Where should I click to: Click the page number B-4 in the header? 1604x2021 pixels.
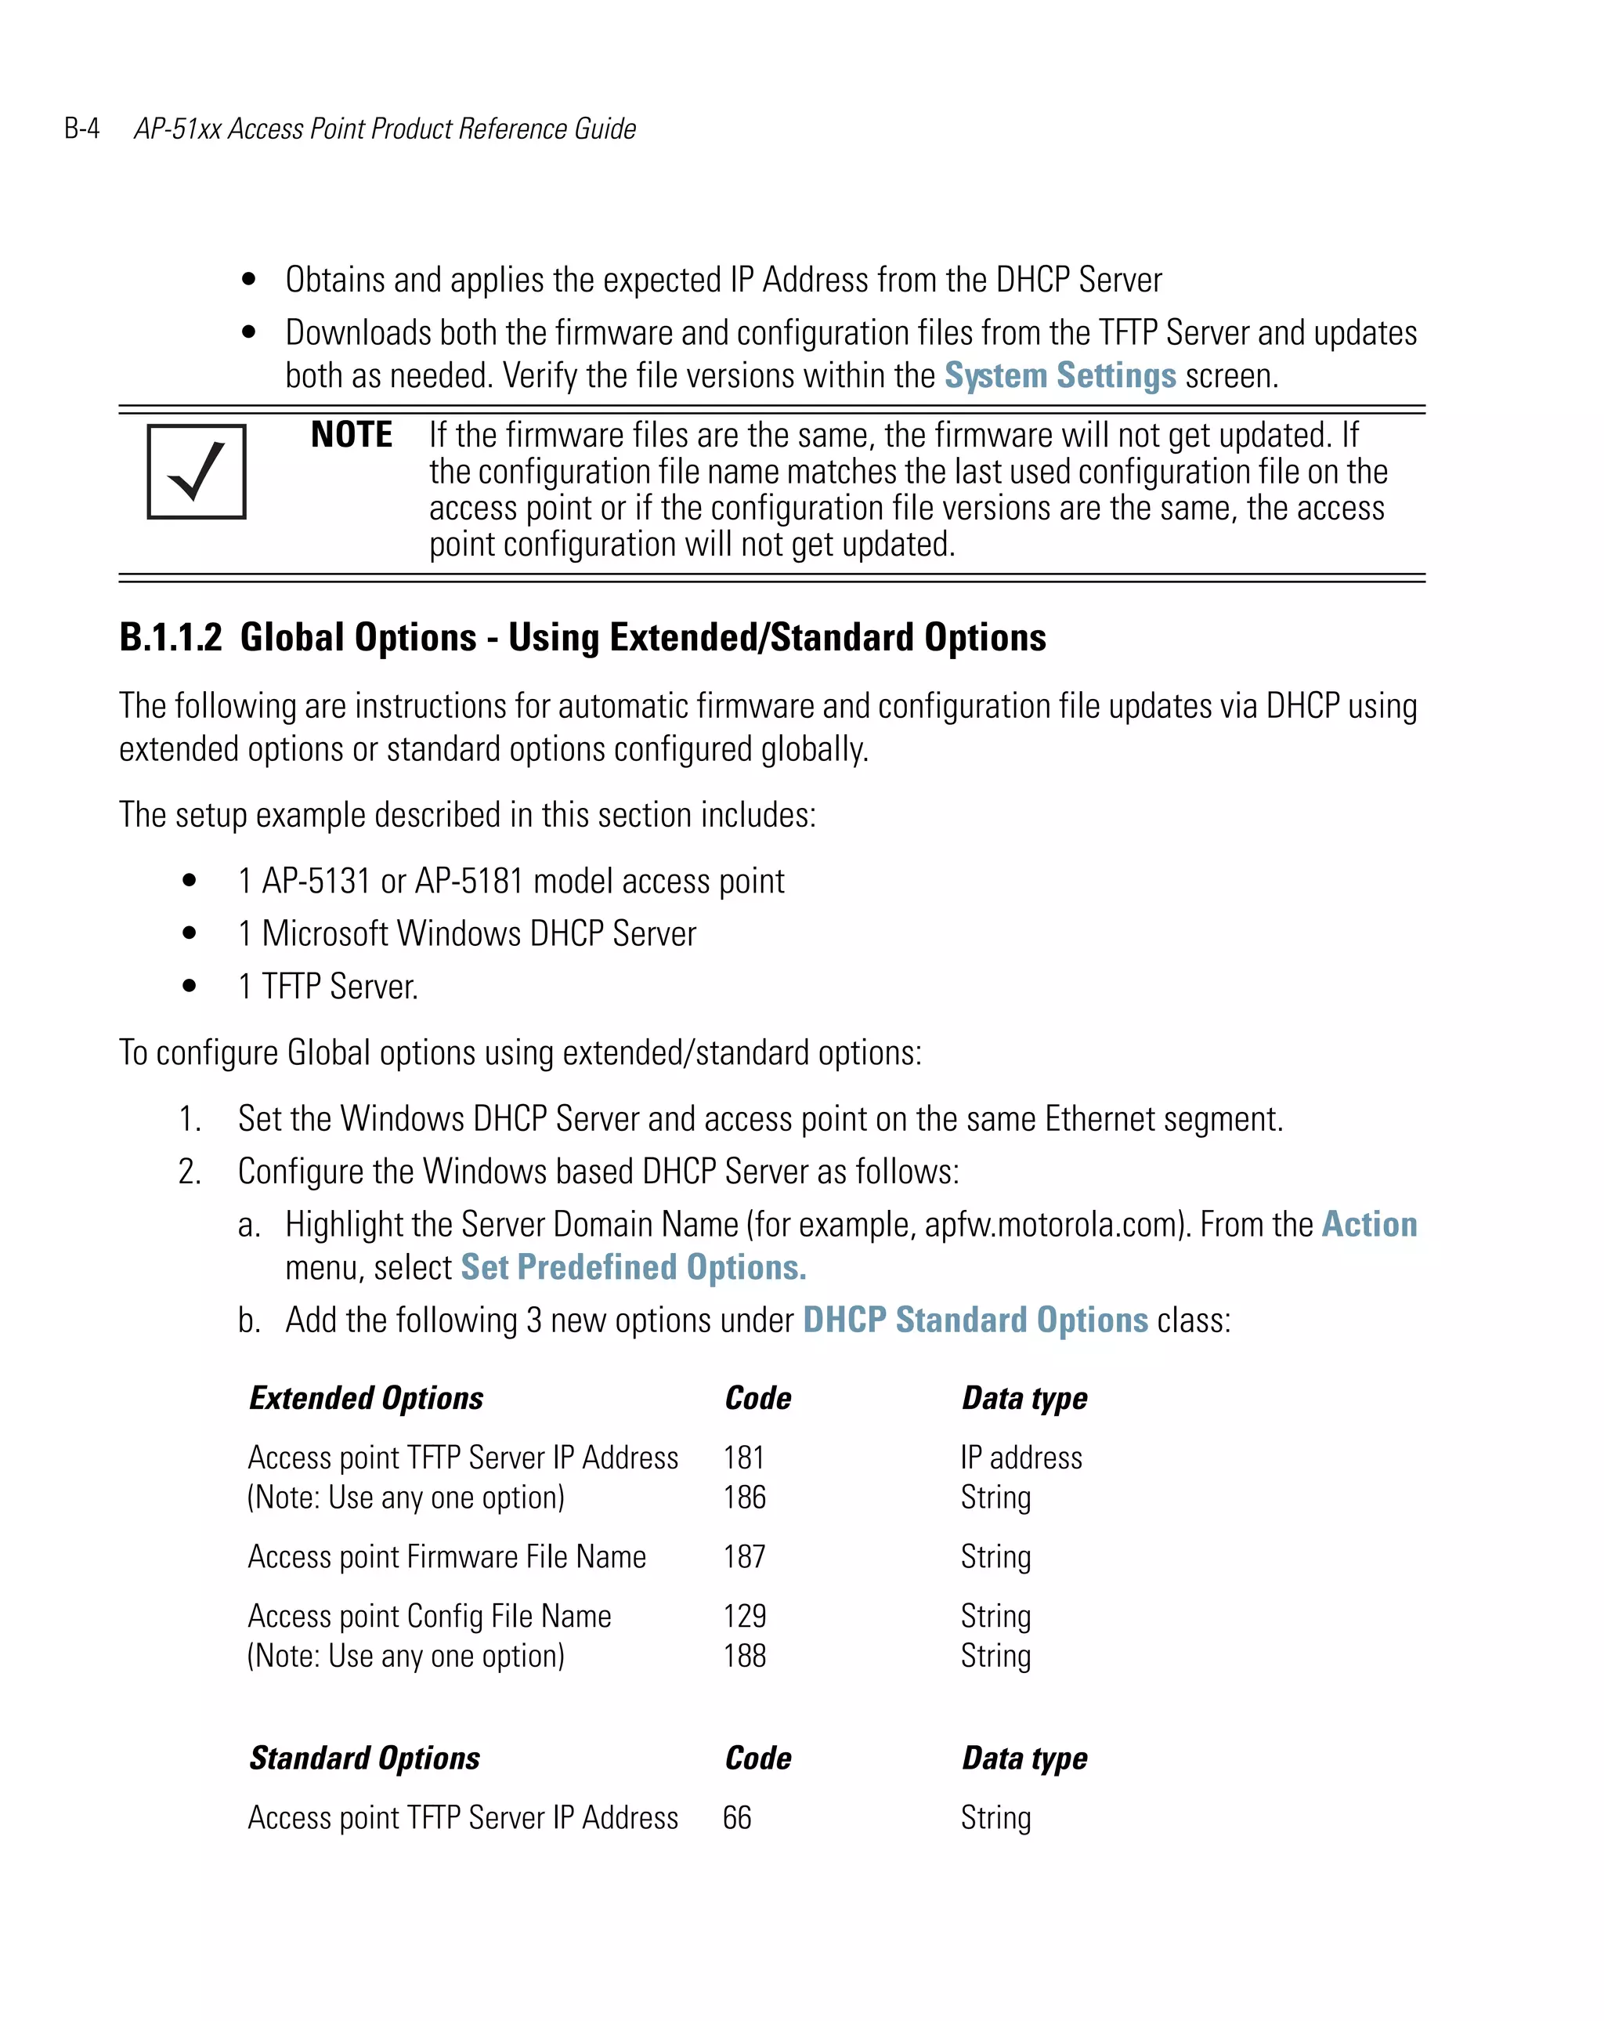point(81,129)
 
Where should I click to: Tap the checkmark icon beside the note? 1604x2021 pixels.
point(196,472)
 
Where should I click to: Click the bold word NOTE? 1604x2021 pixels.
point(352,435)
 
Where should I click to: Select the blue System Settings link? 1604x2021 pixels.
point(1060,376)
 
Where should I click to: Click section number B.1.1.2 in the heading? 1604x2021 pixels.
point(171,637)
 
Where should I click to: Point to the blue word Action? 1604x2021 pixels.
point(1369,1224)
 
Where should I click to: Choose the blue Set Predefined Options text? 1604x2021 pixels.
point(634,1267)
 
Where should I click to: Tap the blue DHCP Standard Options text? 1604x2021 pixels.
point(975,1320)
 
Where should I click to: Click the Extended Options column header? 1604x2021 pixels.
point(367,1398)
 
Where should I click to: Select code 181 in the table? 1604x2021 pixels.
point(744,1458)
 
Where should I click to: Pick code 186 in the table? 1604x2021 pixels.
point(745,1497)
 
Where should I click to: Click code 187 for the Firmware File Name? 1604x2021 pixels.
point(745,1557)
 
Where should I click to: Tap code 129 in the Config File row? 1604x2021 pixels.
point(745,1616)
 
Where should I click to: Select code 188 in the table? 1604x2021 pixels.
point(745,1655)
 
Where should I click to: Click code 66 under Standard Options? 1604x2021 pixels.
point(737,1817)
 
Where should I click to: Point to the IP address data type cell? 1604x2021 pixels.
point(1021,1458)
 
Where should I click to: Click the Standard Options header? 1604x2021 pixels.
point(364,1758)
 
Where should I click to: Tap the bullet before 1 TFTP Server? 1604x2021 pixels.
point(190,985)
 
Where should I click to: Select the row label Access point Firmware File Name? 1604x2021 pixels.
point(447,1557)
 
